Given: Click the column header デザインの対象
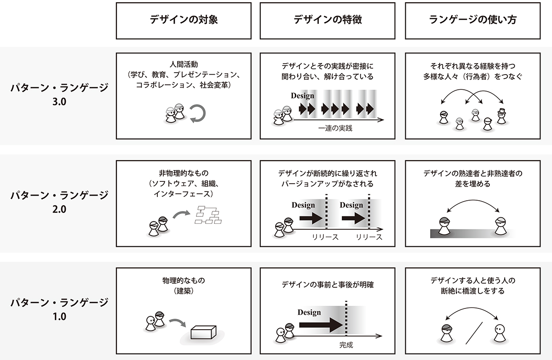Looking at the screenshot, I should [184, 20].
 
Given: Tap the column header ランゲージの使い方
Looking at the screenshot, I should [472, 20].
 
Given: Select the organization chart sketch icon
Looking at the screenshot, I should [208, 215].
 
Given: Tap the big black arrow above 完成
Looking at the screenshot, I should [321, 325].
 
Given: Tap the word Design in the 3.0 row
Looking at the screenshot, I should [303, 96].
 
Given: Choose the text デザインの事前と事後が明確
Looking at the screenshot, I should [328, 285].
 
